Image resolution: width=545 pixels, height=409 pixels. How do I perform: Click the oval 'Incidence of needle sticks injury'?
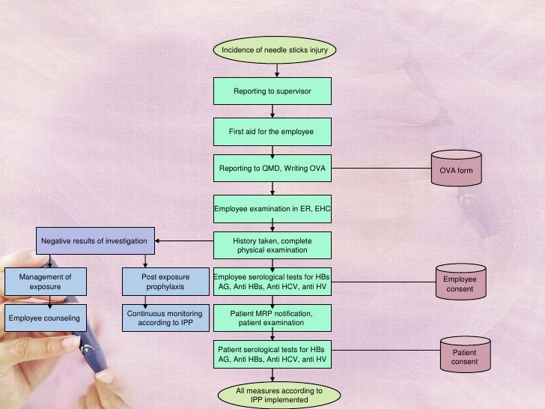[275, 50]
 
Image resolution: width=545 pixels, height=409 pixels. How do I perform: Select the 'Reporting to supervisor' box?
[272, 91]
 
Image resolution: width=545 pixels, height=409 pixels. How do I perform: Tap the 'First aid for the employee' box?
[272, 132]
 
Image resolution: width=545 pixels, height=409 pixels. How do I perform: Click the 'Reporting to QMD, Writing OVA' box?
[272, 169]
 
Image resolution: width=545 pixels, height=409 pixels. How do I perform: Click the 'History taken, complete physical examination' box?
[272, 246]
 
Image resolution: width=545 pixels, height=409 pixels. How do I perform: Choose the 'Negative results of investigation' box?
[97, 241]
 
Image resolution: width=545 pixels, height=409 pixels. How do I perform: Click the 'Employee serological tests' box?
[272, 282]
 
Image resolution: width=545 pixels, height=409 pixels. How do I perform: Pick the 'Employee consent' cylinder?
[460, 282]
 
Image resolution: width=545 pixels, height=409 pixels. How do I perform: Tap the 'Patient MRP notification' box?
[272, 318]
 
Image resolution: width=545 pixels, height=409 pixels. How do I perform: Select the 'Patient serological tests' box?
[272, 355]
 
